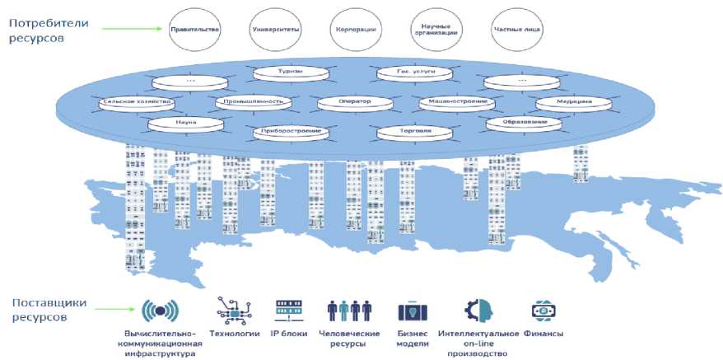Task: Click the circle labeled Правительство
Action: coord(194,30)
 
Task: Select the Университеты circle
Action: coord(275,30)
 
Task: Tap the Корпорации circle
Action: coord(357,30)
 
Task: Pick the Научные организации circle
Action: coord(437,30)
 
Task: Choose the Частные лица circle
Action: coord(518,30)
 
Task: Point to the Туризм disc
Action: coord(290,72)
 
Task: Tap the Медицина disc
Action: coord(575,103)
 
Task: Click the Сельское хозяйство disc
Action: coord(136,103)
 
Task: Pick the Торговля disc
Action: coord(415,131)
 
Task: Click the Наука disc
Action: coord(186,123)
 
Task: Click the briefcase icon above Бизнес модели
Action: coord(413,311)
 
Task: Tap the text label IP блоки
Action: coord(288,334)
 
